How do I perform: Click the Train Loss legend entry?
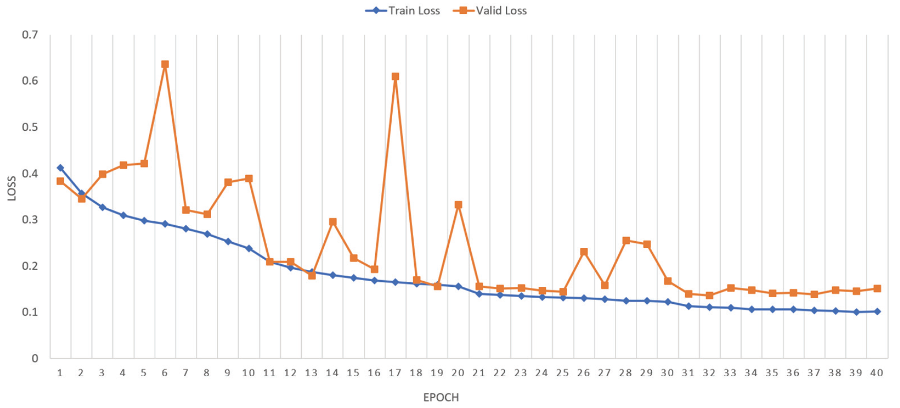coord(403,11)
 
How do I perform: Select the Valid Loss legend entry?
coord(490,11)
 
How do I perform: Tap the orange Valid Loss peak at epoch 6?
coord(165,65)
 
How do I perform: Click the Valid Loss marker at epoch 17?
coord(395,76)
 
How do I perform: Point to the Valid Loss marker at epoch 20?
coord(458,205)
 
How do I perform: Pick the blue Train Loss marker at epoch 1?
coord(60,168)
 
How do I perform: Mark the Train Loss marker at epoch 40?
coord(877,312)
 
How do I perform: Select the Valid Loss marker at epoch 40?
coord(877,288)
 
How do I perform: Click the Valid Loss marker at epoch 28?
coord(626,241)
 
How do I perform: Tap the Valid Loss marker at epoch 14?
coord(333,222)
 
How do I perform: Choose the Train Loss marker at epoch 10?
coord(249,248)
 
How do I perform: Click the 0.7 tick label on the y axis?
coord(30,35)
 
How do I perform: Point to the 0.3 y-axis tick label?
coord(30,220)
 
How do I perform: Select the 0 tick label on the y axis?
coord(35,358)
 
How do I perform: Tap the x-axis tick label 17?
coord(395,373)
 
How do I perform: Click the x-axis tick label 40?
coord(876,373)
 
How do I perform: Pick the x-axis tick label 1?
coord(60,373)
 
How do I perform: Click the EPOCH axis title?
coord(441,397)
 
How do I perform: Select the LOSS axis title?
coord(11,188)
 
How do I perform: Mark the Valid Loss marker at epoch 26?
coord(584,252)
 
